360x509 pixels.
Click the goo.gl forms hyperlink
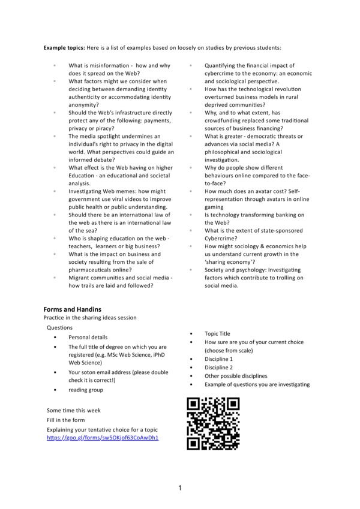click(x=103, y=438)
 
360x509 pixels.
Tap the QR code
click(x=213, y=423)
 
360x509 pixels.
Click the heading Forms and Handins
click(x=73, y=309)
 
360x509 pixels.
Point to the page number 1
click(x=179, y=488)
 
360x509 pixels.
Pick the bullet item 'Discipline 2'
click(x=218, y=368)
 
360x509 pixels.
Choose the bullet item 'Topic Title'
click(x=217, y=334)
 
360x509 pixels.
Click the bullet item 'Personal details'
click(x=88, y=338)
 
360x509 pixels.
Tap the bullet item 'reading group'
click(x=86, y=390)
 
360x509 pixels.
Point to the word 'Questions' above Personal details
click(x=59, y=328)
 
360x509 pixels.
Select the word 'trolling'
click(x=283, y=278)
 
